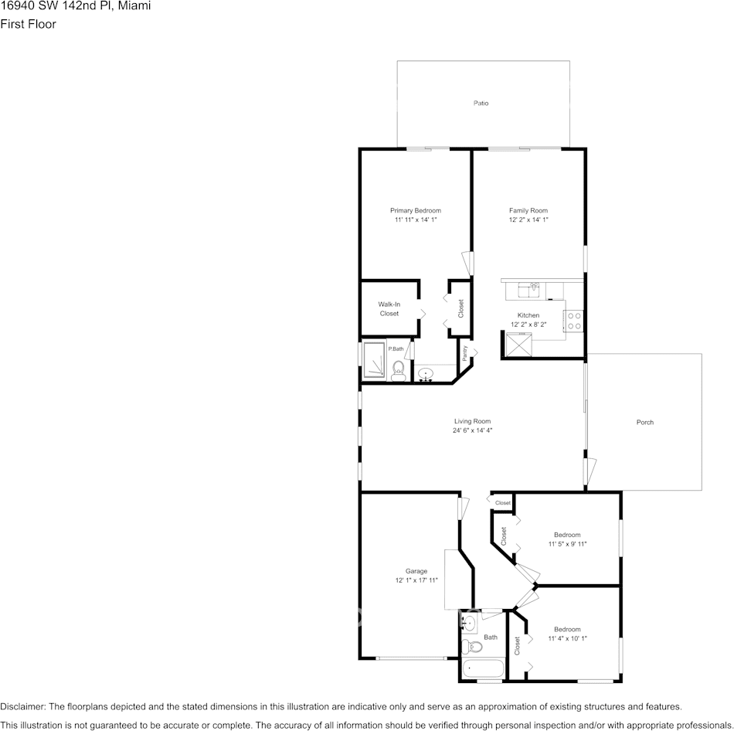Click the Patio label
tap(481, 103)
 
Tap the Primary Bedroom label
tap(415, 210)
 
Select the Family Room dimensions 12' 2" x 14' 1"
tap(528, 220)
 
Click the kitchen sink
tap(532, 290)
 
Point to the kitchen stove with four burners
tap(573, 321)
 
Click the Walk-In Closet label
tap(389, 308)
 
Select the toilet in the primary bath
tap(398, 369)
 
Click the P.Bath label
tap(396, 349)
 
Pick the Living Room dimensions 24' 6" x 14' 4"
tap(472, 430)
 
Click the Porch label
tap(644, 422)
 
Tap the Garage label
tap(416, 571)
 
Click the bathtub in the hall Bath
tap(482, 668)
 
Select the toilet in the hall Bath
tap(469, 646)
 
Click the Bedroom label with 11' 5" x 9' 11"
tap(566, 535)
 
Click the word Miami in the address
tap(135, 6)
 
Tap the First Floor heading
tap(28, 24)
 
